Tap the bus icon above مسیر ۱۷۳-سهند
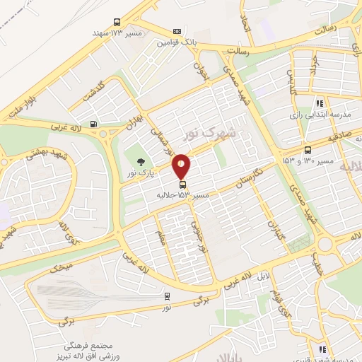coord(117,22)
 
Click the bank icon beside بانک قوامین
coord(177,32)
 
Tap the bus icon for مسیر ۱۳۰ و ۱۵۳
coord(308,149)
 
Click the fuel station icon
coord(94,125)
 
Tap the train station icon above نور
coord(167,296)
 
